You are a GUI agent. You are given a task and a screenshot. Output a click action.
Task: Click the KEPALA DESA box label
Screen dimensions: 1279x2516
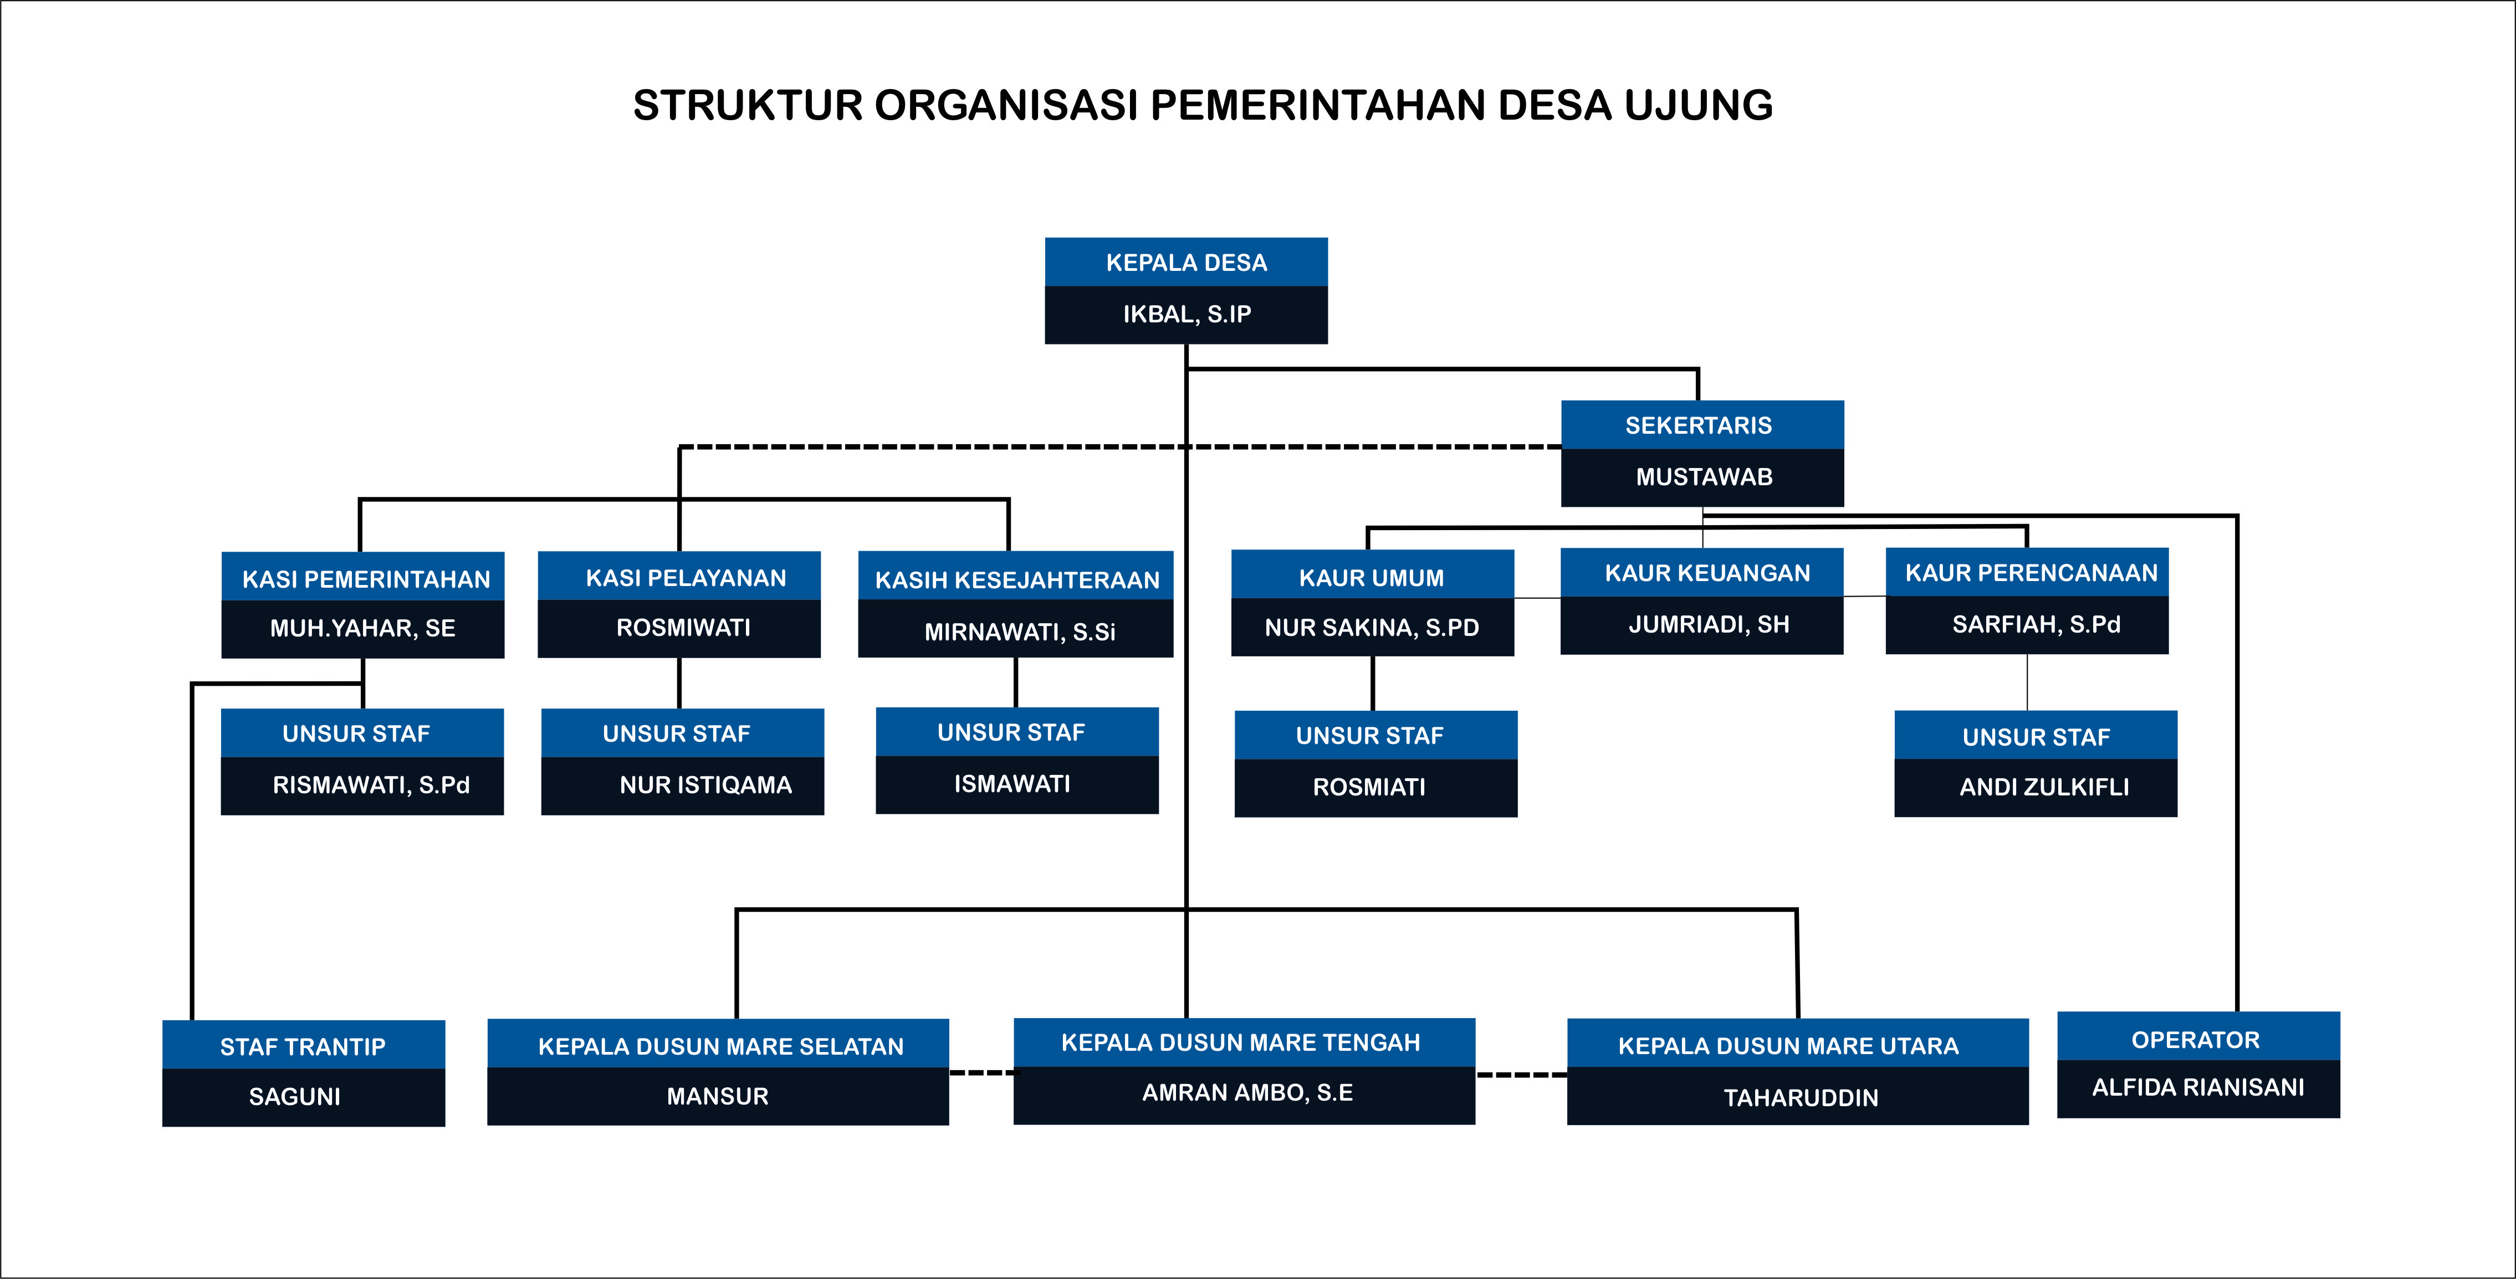[x=1186, y=263]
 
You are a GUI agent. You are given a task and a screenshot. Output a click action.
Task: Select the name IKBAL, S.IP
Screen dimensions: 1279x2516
[x=1187, y=315]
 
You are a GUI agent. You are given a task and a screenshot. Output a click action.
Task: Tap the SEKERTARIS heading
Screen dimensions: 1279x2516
[x=1699, y=425]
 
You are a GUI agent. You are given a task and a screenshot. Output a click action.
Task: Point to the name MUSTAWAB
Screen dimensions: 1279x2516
[x=1704, y=477]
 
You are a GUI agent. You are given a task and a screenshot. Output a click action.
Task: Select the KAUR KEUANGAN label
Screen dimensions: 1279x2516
[x=1707, y=573]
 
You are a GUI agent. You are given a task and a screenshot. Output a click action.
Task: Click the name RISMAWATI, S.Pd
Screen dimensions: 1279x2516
[x=371, y=785]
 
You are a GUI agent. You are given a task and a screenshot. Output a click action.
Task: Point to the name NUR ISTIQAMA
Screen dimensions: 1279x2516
[x=705, y=785]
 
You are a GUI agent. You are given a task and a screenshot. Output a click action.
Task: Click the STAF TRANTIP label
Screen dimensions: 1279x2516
[x=303, y=1047]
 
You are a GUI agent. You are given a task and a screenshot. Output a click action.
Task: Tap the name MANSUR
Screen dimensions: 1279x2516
[x=718, y=1096]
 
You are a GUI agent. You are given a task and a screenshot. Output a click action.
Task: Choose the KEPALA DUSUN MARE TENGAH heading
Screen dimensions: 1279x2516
[x=1240, y=1042]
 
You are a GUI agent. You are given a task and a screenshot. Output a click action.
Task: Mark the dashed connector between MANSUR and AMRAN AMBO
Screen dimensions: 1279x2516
[x=980, y=1073]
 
